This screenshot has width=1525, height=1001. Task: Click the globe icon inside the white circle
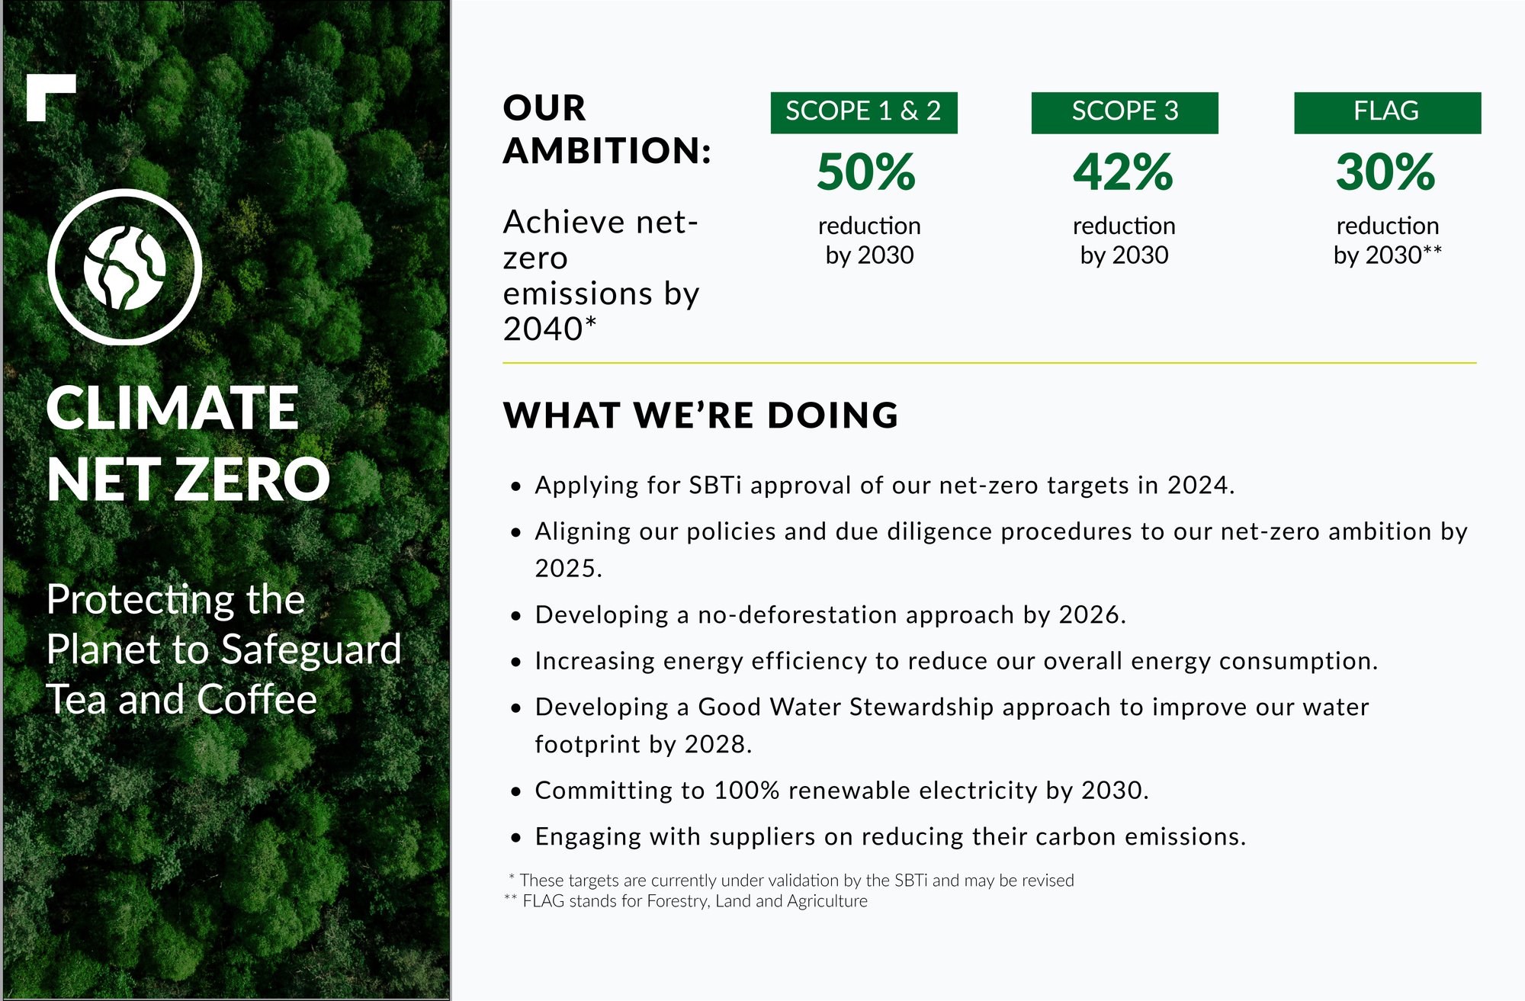coord(124,268)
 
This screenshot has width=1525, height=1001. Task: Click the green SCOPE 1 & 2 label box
coord(864,113)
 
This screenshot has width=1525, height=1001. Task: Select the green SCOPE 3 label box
coord(1125,113)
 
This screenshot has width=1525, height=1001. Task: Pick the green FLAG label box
coord(1387,113)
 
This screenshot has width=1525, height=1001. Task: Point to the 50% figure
coord(866,172)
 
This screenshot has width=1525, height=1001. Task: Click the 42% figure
coord(1123,172)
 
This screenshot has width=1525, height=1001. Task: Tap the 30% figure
coord(1385,172)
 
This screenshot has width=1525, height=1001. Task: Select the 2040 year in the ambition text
coord(543,329)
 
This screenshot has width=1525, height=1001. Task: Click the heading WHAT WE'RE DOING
coord(701,415)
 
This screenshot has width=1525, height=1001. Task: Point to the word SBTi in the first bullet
coord(715,485)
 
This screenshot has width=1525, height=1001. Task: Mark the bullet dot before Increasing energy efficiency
coord(517,662)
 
